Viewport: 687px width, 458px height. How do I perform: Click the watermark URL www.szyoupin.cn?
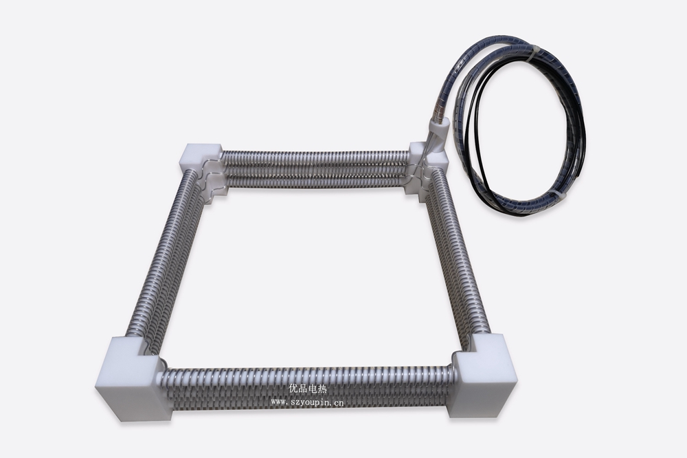(308, 402)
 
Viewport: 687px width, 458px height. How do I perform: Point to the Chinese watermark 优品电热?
(308, 389)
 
